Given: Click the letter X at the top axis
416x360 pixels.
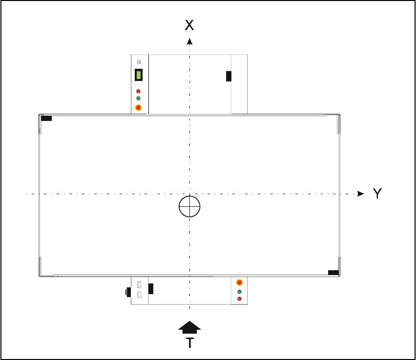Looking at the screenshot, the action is (189, 25).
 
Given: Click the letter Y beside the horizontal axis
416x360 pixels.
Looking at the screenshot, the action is (377, 194).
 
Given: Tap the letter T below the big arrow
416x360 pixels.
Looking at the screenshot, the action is (189, 343).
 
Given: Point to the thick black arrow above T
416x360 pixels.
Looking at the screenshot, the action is (189, 327).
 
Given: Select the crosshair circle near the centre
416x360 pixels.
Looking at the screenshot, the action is (189, 207).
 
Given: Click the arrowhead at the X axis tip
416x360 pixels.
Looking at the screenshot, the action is (189, 41).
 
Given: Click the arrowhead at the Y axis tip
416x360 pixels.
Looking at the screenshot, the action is (360, 194).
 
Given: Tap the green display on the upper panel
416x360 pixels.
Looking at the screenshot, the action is (139, 75).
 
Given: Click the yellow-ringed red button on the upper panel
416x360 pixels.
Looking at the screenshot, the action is (139, 108).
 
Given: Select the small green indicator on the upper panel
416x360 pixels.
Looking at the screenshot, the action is (139, 98).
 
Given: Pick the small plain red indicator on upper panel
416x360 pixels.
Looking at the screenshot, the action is (139, 91).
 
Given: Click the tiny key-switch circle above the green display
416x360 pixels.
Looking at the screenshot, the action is (139, 62).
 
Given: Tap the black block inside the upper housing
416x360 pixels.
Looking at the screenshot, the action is (229, 76).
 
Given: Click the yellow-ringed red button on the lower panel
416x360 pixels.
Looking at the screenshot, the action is (239, 282).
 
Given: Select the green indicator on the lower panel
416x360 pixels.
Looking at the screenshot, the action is (239, 292).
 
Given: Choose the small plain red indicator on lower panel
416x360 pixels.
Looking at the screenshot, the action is (239, 298).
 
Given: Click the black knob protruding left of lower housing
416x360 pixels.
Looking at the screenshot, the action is (128, 292).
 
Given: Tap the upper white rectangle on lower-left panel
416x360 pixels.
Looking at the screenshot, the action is (139, 284).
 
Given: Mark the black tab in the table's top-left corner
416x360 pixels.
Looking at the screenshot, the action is (46, 118).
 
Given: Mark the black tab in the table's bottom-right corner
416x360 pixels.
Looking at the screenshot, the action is (333, 272).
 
